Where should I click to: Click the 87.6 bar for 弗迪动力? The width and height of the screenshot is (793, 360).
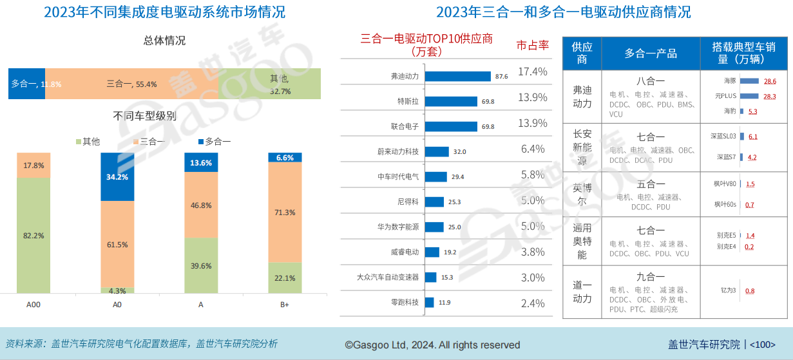point(458,76)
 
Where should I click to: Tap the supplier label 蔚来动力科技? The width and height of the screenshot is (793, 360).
point(397,151)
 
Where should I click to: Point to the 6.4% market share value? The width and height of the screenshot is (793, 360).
point(533,149)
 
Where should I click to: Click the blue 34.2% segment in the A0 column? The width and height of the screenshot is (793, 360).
point(117,177)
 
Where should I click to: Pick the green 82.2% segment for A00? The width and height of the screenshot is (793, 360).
point(33,236)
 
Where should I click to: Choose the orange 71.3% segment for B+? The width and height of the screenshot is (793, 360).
point(285,213)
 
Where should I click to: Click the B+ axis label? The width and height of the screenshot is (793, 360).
point(285,304)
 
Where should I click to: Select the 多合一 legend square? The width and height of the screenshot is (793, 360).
point(200,142)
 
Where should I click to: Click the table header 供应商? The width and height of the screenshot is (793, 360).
point(582,53)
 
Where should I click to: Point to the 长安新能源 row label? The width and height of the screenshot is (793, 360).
point(582,147)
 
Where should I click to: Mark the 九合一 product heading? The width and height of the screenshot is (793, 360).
point(651,277)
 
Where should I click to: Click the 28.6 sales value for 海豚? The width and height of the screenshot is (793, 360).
point(770,81)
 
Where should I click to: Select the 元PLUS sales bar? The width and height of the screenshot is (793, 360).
point(749,96)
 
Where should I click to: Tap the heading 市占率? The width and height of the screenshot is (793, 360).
point(533,45)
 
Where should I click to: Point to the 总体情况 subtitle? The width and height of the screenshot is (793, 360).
point(164,41)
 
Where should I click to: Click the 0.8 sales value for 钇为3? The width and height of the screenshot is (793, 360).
point(750,290)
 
